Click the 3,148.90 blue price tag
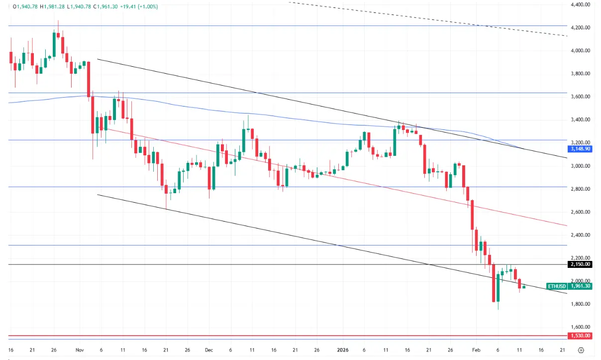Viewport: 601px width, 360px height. click(x=580, y=149)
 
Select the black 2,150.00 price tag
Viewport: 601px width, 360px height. click(x=580, y=264)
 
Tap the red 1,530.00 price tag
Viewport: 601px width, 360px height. click(x=580, y=336)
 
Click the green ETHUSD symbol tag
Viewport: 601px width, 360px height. click(x=557, y=286)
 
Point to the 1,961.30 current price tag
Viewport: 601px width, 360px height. click(x=580, y=286)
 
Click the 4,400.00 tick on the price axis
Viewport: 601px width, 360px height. click(x=580, y=4)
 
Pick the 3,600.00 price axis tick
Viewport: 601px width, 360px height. click(x=580, y=97)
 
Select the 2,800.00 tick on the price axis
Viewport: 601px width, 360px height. click(x=580, y=189)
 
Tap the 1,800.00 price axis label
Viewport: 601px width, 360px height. click(x=580, y=304)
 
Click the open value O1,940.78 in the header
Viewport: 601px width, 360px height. click(x=24, y=6)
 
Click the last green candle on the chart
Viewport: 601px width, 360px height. click(x=524, y=287)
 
